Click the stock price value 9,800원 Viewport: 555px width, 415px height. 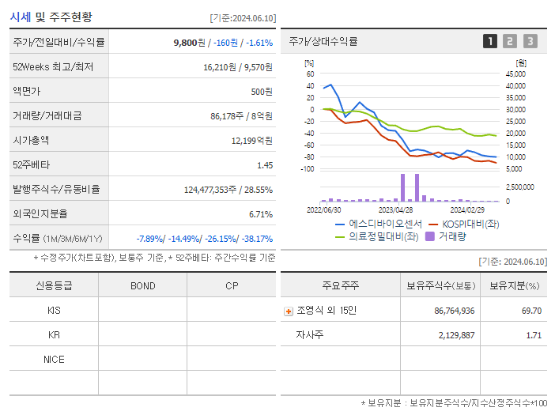(x=190, y=42)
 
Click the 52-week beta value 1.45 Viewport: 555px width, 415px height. (x=265, y=164)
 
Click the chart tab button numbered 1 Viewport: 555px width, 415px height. (x=490, y=41)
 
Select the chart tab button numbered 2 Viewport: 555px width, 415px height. (x=510, y=41)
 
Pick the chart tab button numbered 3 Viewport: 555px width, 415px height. (x=530, y=41)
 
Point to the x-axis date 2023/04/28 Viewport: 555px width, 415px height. (x=396, y=210)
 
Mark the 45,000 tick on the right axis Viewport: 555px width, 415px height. (x=515, y=74)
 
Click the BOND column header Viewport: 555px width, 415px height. (x=142, y=285)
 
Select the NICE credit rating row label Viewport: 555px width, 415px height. (x=54, y=359)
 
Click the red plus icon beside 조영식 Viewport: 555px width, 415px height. (x=289, y=311)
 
